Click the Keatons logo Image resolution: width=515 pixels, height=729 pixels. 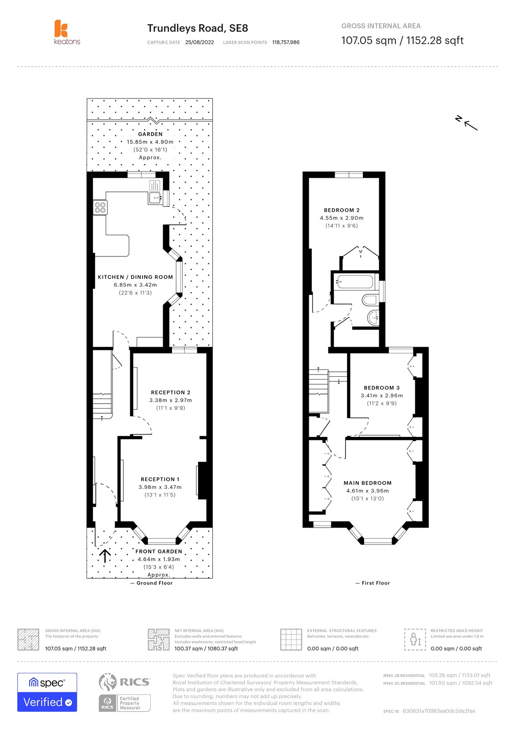tap(66, 32)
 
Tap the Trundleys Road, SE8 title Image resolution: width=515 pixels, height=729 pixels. tap(198, 28)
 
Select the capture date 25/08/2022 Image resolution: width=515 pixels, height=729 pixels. tap(199, 42)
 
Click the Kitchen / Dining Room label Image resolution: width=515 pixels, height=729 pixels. tap(135, 277)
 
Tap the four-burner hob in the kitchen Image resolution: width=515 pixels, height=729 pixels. tap(100, 208)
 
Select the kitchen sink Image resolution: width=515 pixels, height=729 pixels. tap(155, 198)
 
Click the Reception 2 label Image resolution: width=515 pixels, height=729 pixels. tap(171, 392)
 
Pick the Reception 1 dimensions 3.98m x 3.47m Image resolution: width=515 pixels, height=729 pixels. tap(160, 487)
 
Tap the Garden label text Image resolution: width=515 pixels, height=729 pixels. tap(150, 134)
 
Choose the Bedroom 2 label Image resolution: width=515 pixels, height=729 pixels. tap(342, 210)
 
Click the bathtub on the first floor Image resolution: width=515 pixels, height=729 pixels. tap(354, 282)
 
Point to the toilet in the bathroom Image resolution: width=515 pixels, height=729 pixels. tap(370, 300)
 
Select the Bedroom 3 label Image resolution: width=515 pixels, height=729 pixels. tap(382, 388)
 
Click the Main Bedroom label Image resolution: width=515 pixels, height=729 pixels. tap(367, 483)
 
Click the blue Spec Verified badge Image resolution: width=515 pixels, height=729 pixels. tap(47, 692)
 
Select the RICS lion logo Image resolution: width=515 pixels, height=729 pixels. tap(107, 682)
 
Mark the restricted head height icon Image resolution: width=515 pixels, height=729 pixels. tap(415, 639)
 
